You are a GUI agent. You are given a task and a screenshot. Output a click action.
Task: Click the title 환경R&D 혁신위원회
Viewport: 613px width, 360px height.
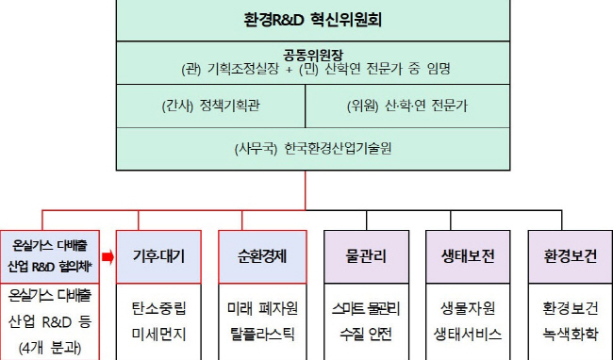point(313,20)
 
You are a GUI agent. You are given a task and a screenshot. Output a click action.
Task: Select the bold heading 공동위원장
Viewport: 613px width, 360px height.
point(313,55)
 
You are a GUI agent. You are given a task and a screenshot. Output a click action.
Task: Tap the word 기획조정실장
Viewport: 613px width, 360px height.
point(242,69)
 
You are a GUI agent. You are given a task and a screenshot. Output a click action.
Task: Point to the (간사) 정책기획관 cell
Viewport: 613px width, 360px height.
point(210,106)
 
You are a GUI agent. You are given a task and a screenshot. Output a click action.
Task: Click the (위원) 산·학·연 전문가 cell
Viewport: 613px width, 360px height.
point(407,106)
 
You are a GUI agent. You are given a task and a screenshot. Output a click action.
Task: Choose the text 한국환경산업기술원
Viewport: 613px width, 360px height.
point(338,148)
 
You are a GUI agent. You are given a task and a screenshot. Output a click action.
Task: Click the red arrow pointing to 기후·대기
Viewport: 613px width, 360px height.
point(108,257)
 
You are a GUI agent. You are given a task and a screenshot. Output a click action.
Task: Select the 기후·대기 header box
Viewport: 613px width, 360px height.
point(158,256)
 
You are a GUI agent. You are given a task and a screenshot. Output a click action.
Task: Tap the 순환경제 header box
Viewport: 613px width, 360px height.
point(262,256)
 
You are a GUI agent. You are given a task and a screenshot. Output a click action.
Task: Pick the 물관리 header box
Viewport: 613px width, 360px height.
point(366,256)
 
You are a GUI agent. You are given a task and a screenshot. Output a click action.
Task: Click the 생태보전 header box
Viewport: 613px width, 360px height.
point(468,256)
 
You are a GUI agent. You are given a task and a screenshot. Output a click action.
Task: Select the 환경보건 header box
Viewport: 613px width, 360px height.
point(571,256)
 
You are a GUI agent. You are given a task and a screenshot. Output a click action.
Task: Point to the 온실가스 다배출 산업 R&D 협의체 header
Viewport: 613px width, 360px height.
point(50,256)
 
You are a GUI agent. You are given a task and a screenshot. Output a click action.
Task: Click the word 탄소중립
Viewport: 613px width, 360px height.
point(158,308)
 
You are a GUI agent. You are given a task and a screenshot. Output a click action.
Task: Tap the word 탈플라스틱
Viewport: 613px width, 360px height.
point(262,335)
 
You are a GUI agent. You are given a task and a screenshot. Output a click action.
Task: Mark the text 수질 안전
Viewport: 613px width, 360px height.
point(366,335)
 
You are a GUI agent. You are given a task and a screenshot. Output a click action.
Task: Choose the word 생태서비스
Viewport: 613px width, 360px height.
point(468,335)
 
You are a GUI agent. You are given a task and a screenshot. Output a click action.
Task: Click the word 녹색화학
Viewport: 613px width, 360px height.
point(571,335)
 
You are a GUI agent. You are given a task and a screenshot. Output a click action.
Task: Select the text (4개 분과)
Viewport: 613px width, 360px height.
point(50,348)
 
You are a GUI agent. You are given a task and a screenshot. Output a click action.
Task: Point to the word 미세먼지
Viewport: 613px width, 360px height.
point(158,335)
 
